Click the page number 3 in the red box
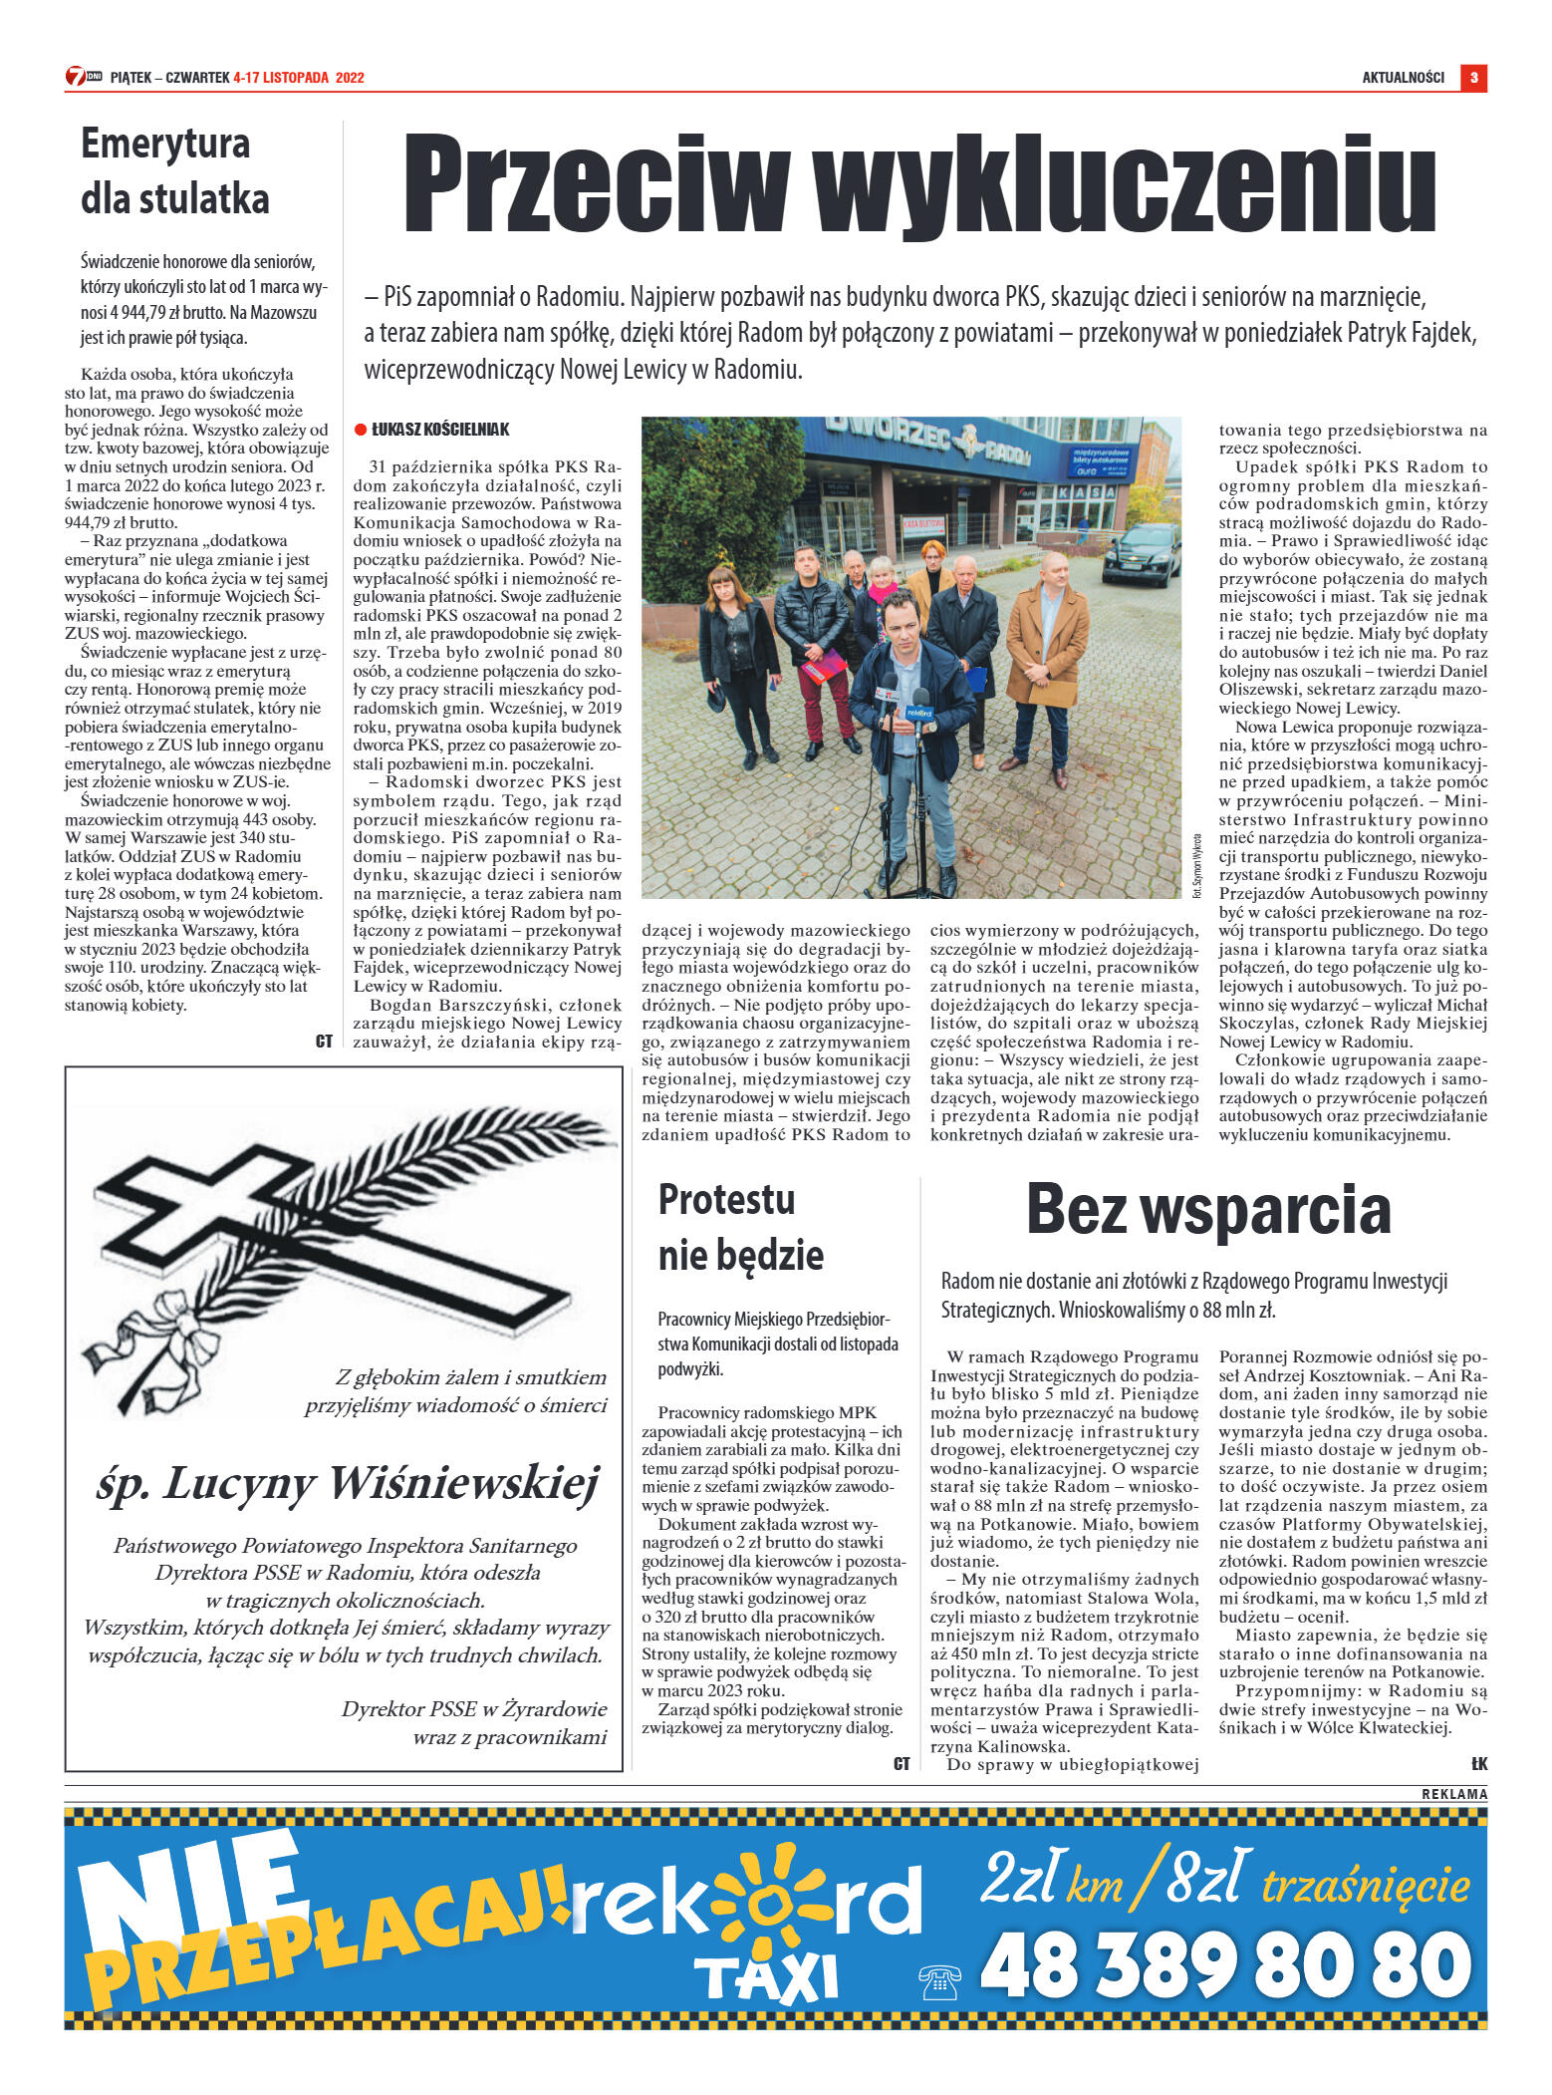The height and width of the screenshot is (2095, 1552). click(1473, 78)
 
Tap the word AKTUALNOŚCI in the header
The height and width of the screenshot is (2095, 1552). click(1403, 78)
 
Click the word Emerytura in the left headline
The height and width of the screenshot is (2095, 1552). click(165, 144)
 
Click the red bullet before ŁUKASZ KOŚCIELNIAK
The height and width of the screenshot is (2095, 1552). click(361, 430)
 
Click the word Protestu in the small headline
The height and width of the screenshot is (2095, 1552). click(726, 1200)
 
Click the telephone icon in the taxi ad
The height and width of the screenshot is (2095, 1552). click(938, 1981)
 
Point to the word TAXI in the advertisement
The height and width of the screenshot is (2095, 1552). click(765, 1979)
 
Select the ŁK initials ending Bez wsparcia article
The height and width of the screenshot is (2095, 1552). click(1478, 1764)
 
